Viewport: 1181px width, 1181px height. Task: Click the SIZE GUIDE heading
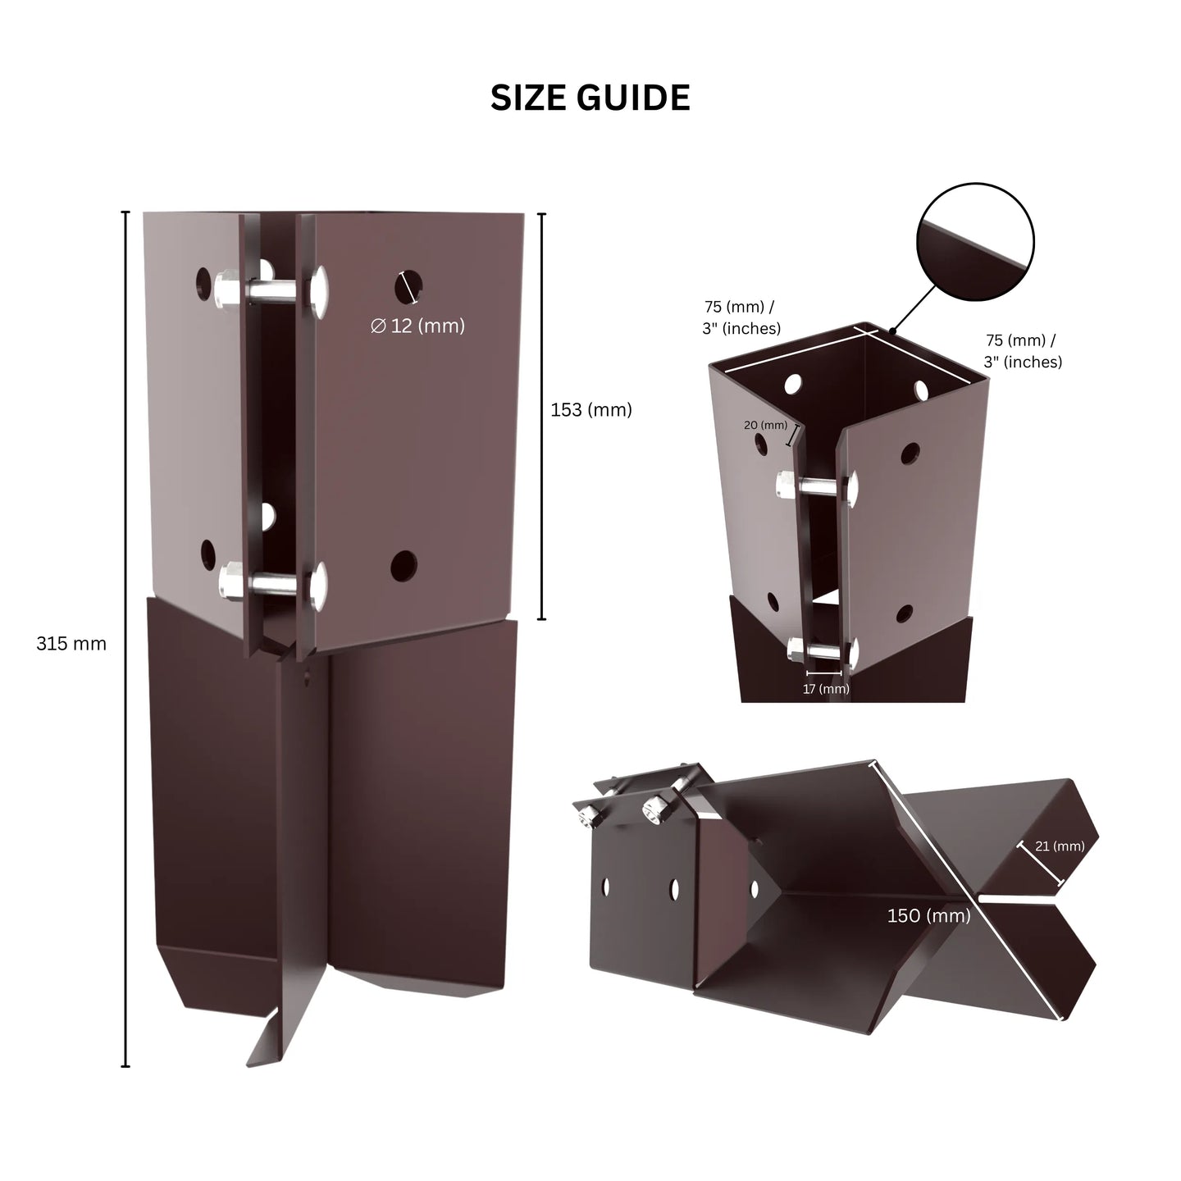590,98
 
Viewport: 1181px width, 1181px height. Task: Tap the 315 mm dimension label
71,644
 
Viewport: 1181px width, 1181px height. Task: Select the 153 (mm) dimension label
590,409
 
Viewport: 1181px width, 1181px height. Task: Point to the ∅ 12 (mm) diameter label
417,326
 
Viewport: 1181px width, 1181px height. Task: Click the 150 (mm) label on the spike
928,915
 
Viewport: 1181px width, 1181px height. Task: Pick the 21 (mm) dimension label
1060,846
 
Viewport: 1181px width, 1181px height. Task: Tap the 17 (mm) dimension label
826,689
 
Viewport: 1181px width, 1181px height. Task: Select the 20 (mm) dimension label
765,425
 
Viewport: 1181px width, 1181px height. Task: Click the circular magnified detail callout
975,241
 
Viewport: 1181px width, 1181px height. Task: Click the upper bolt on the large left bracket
271,290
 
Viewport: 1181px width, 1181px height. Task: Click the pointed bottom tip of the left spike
249,1066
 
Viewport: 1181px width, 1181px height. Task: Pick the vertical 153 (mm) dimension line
542,416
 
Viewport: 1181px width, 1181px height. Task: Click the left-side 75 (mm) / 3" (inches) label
741,317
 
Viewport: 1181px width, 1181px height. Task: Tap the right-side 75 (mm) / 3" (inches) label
1022,350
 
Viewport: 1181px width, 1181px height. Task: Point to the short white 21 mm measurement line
1040,864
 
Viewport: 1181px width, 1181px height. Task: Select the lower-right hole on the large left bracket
404,566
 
